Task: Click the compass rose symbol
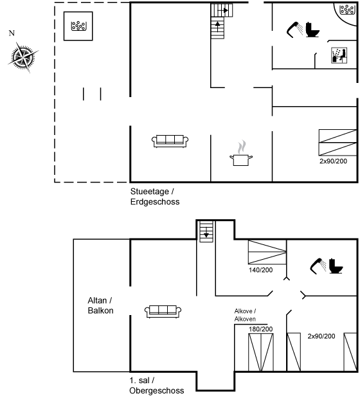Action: pos(23,57)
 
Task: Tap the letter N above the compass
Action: pos(12,33)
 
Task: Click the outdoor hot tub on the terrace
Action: pos(78,26)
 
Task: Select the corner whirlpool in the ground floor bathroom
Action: pos(347,10)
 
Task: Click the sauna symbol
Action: pos(339,55)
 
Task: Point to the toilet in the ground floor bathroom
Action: pos(312,30)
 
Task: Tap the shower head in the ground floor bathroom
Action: pos(295,30)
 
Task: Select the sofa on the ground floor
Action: pos(170,141)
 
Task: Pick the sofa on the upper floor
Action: pos(163,311)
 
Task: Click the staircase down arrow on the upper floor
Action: pos(206,233)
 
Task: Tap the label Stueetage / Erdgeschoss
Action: pos(155,197)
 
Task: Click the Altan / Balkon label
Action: pos(100,305)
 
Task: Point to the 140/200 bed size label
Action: pos(261,270)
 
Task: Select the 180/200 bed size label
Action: pos(261,329)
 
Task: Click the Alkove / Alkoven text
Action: pos(245,315)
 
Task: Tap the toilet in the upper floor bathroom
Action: pos(336,266)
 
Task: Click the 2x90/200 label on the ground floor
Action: pos(333,161)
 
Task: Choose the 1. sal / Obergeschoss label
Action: pos(156,385)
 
